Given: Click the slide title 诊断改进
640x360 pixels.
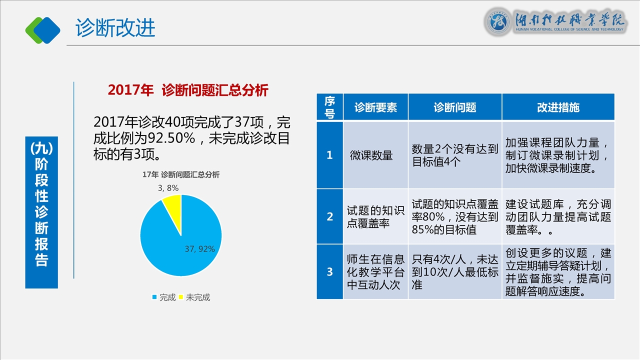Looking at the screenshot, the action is tap(115, 27).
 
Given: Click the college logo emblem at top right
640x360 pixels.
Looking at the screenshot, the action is tap(498, 21).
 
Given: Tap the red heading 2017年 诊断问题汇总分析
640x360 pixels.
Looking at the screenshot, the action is tap(188, 90).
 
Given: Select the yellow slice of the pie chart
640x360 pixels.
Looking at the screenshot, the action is tap(173, 210).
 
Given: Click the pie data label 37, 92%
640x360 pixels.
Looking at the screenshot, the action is tap(199, 249).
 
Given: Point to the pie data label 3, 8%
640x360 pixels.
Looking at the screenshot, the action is tap(168, 188).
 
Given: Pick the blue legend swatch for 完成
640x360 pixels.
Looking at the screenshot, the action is tap(154, 297).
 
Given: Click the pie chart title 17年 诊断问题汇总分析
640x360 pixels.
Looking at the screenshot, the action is tap(181, 174).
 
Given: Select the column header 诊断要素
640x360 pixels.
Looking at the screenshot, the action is tap(375, 107).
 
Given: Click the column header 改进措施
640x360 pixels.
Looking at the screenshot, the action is tap(558, 107).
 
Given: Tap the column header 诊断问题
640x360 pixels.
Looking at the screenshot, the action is tap(455, 107).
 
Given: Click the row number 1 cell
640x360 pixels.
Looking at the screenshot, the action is tap(329, 155).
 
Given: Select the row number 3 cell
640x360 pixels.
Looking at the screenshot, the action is tap(329, 271).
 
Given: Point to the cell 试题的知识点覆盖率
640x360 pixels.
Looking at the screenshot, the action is tap(375, 216).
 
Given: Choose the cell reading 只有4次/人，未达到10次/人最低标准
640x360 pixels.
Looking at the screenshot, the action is tap(455, 271).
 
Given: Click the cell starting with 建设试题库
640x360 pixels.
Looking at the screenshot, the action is tap(558, 216).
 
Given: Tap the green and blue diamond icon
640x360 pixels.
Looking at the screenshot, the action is tap(43, 30).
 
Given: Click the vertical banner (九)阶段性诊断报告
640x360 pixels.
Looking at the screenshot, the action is tap(41, 212).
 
